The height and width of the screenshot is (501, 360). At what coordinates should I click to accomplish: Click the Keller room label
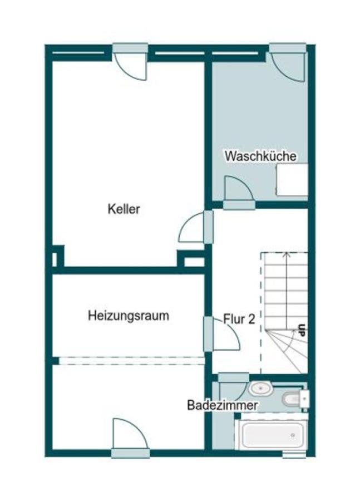pos(124,209)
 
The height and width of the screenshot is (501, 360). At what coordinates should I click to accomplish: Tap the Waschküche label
pos(260,156)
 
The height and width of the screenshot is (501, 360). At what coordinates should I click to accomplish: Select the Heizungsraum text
pos(129,316)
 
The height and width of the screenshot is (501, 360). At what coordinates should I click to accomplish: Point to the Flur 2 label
pos(239,319)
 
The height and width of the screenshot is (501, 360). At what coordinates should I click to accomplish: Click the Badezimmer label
pos(223,405)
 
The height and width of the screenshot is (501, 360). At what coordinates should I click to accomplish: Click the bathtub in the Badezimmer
pos(271,435)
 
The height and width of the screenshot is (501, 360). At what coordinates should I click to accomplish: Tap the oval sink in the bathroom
pos(259,387)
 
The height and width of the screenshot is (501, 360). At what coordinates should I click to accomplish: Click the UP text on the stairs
pos(301,330)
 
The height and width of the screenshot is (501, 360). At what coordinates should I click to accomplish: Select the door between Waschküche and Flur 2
pos(239,192)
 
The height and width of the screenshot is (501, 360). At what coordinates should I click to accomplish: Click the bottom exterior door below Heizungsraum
pos(130,437)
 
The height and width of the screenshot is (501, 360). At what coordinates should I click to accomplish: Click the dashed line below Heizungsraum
pos(131,360)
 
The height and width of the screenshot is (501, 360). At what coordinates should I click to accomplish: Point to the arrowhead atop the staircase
pos(286,256)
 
